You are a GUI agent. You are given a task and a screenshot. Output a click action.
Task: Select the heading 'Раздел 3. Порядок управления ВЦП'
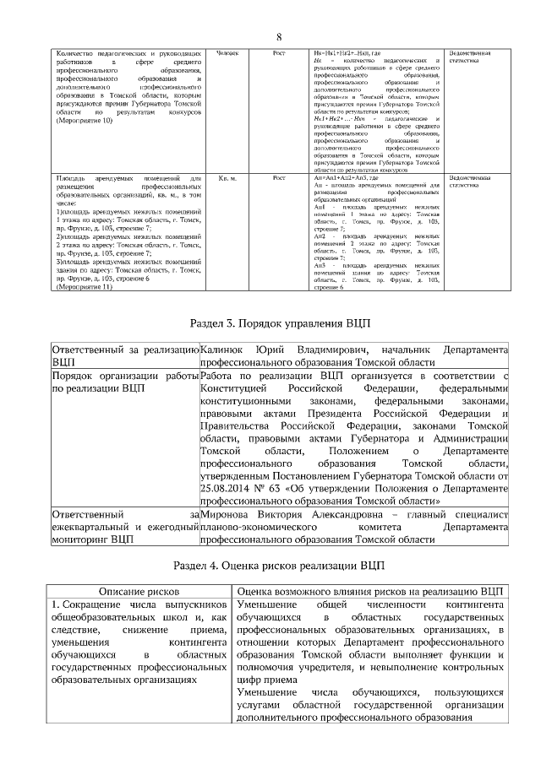[278, 324]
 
